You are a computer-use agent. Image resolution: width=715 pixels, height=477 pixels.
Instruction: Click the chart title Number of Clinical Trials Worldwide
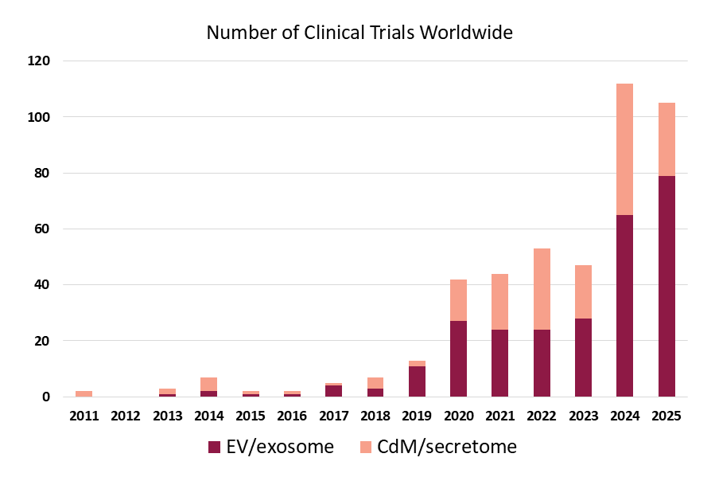[359, 33]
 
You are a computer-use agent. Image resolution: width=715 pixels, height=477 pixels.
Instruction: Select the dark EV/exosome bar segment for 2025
[666, 286]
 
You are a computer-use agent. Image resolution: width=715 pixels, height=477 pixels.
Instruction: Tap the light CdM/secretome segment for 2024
[625, 149]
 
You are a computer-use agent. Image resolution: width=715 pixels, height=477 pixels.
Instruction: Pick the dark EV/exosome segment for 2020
[459, 358]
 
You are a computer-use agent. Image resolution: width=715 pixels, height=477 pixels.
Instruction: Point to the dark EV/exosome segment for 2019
[418, 381]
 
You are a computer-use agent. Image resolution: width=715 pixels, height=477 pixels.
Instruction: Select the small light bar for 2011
[84, 393]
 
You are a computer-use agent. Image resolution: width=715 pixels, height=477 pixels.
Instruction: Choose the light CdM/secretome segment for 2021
[500, 302]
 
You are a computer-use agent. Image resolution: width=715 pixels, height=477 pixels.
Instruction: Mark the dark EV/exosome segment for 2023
[583, 357]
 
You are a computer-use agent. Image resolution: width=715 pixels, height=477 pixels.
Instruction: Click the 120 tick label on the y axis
[39, 61]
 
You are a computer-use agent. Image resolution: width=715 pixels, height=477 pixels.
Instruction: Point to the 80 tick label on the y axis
[42, 173]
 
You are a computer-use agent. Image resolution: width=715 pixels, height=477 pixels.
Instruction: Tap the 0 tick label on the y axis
[46, 397]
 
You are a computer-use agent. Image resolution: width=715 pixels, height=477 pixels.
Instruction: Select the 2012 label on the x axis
[126, 416]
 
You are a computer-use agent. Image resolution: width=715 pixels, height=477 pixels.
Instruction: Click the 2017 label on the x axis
[333, 416]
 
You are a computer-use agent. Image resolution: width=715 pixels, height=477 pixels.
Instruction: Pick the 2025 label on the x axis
[666, 416]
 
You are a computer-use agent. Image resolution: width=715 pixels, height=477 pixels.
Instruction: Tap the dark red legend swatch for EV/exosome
[214, 448]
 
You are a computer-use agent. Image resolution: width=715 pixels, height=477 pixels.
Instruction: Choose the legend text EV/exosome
[279, 448]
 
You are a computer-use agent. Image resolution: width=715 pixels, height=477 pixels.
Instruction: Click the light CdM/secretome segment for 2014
[209, 384]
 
